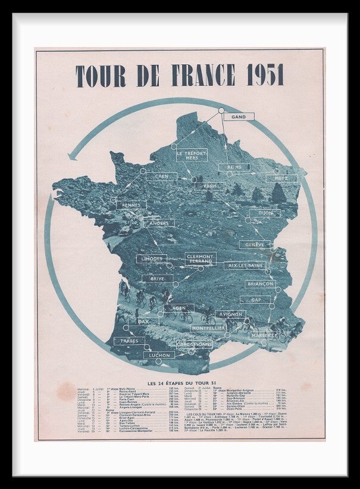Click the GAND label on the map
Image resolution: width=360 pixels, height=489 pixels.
click(x=239, y=117)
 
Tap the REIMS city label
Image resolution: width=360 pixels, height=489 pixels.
click(x=234, y=167)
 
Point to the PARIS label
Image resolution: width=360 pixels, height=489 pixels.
click(x=209, y=186)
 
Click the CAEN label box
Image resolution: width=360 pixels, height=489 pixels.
click(x=161, y=176)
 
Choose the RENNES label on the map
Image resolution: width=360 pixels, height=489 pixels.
click(x=131, y=204)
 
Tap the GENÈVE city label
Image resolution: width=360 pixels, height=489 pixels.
click(x=255, y=244)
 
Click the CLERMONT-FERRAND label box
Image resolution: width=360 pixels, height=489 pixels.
click(x=200, y=258)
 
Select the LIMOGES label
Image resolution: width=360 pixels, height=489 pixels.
click(x=152, y=259)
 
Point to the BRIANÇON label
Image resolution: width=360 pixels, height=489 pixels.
click(x=260, y=284)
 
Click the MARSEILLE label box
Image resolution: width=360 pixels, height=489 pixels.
click(x=264, y=335)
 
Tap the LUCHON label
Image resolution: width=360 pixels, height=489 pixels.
click(x=158, y=355)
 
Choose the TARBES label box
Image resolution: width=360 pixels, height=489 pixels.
click(x=129, y=341)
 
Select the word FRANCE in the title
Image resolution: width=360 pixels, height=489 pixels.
click(x=181, y=76)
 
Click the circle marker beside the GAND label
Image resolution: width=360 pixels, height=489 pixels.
click(x=221, y=110)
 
